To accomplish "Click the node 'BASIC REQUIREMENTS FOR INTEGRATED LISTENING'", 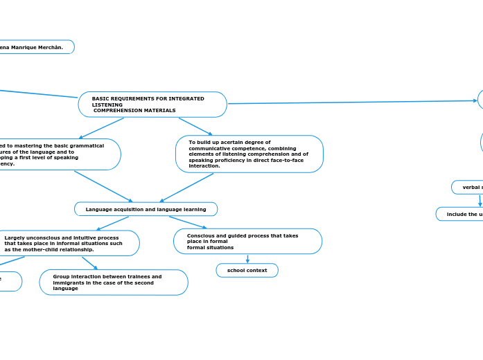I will click(152, 105).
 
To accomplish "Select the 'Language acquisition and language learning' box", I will click(146, 209).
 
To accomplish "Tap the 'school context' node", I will click(247, 270).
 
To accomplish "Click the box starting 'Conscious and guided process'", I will click(247, 242).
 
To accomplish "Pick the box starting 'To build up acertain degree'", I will click(249, 154).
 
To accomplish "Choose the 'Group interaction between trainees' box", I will click(114, 282).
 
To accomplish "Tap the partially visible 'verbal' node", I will click(468, 187).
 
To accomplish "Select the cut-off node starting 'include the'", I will click(461, 214).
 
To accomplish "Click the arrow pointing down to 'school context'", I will click(247, 259).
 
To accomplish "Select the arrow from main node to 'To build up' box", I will click(195, 127).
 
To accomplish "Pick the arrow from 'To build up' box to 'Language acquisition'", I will click(186, 188).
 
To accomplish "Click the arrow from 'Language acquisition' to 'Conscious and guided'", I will click(187, 222).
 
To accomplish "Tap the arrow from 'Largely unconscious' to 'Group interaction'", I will click(89, 263).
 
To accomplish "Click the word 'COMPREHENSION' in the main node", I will click(122, 111).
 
